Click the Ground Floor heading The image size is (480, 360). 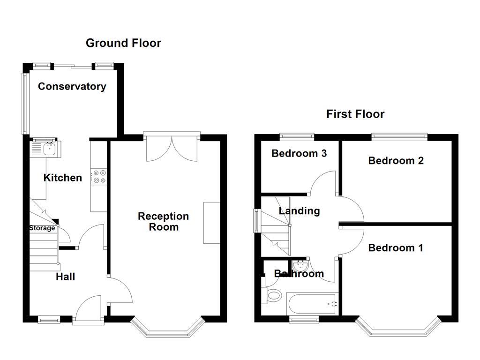point(123,43)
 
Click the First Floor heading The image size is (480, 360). point(355,114)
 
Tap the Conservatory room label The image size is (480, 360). point(72,86)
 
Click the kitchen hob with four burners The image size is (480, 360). point(99,176)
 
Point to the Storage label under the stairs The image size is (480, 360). point(42,228)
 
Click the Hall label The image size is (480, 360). point(66,277)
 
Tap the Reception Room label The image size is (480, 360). point(164,222)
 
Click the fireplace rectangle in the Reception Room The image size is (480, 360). point(211,223)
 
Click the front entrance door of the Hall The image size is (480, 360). point(89,309)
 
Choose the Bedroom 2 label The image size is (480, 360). point(396,161)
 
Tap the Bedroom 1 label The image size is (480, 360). point(396,248)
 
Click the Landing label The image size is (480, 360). point(299,211)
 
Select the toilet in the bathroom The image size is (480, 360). point(273,296)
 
